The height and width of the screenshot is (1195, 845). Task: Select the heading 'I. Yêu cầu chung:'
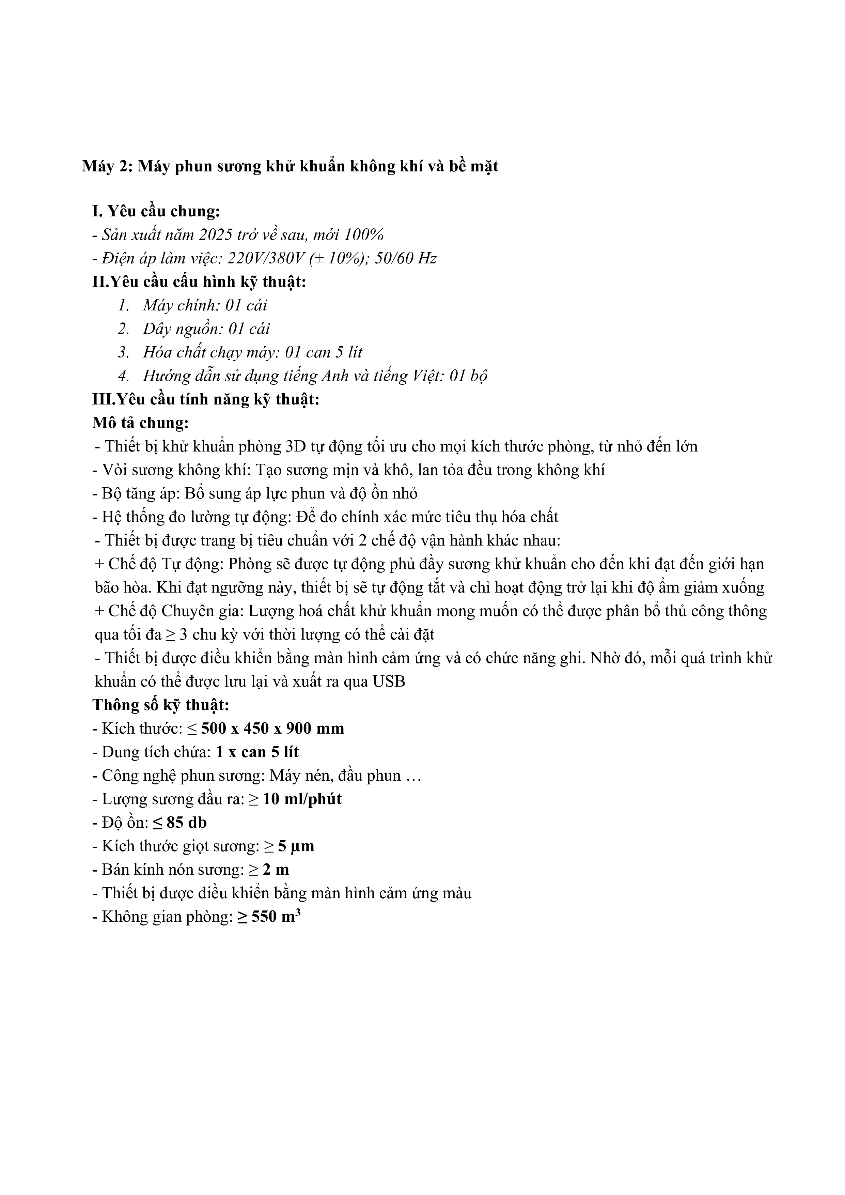click(156, 211)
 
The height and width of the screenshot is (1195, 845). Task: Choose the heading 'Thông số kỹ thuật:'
click(161, 705)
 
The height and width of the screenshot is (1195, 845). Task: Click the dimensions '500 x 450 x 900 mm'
click(273, 729)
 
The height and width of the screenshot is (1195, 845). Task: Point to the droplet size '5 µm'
click(296, 846)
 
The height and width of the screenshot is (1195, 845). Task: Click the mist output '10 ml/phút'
click(302, 799)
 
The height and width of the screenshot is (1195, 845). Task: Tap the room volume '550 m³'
click(276, 917)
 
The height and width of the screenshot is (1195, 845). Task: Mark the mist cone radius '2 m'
click(276, 870)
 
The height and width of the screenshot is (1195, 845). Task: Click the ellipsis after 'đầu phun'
click(412, 776)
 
